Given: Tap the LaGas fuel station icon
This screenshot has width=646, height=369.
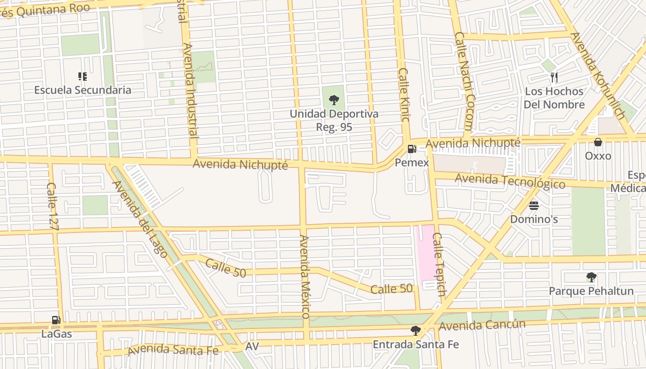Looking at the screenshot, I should pyautogui.click(x=56, y=320).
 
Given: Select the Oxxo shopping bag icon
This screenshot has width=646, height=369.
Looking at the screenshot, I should pyautogui.click(x=598, y=142).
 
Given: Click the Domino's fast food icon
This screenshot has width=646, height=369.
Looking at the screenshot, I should pyautogui.click(x=534, y=205).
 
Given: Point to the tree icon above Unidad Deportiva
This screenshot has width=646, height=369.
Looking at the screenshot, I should pyautogui.click(x=334, y=100).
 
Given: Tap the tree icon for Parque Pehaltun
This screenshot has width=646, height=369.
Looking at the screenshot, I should pyautogui.click(x=591, y=277).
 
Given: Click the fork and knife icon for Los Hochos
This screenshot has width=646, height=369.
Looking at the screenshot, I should pyautogui.click(x=554, y=77).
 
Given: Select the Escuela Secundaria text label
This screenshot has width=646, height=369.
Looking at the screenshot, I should pyautogui.click(x=83, y=90).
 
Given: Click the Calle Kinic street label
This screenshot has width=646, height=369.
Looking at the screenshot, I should pyautogui.click(x=404, y=95).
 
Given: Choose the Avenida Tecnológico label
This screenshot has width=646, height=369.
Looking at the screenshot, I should pyautogui.click(x=510, y=181).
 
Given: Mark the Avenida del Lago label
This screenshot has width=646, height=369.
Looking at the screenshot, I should pyautogui.click(x=139, y=219).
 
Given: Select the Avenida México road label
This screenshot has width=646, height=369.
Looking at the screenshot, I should pyautogui.click(x=304, y=276).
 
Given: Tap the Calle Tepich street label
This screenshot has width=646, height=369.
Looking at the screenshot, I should pyautogui.click(x=439, y=264).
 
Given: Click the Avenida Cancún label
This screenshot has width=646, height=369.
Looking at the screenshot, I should pyautogui.click(x=482, y=325).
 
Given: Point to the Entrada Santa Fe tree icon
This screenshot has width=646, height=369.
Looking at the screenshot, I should pyautogui.click(x=415, y=330).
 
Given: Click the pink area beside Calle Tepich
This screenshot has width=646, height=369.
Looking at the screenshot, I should pyautogui.click(x=425, y=251).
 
